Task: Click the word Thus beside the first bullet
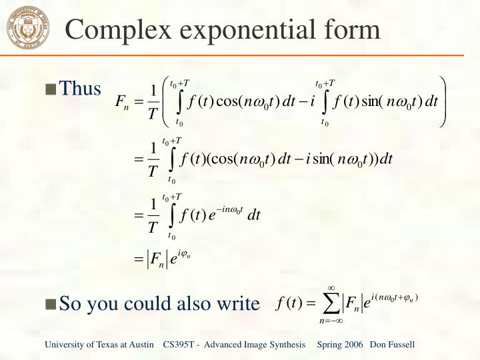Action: [x=81, y=88]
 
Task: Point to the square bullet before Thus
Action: [x=51, y=89]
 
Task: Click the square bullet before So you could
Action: [x=51, y=305]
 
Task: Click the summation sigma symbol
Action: [x=331, y=304]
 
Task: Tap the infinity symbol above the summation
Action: [x=331, y=287]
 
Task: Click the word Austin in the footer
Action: [x=143, y=344]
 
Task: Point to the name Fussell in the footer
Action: [x=400, y=344]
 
